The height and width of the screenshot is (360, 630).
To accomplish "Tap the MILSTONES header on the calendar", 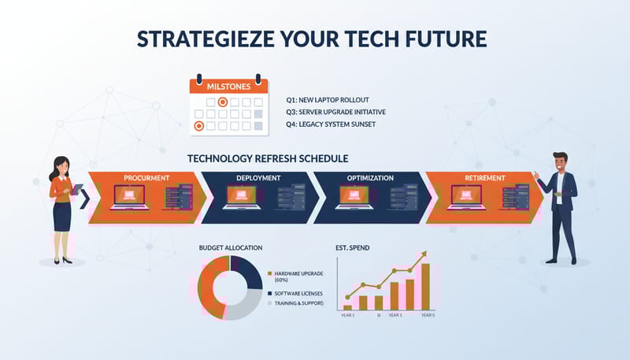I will click(x=228, y=86).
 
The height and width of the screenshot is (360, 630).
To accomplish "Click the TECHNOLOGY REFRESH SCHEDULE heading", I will click(x=268, y=158).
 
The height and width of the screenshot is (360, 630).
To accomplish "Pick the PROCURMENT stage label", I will click(x=147, y=178).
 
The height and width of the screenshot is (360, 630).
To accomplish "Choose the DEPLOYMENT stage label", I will click(x=258, y=178).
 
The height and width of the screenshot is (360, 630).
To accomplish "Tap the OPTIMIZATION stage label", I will click(x=370, y=178).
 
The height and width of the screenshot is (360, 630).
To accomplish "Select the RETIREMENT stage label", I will click(x=484, y=178).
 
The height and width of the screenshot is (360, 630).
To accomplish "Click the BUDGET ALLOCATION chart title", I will click(x=231, y=247).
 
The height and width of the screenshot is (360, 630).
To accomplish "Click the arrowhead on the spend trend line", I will click(x=424, y=254).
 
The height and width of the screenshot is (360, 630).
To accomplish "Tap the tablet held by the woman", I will click(x=77, y=190).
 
